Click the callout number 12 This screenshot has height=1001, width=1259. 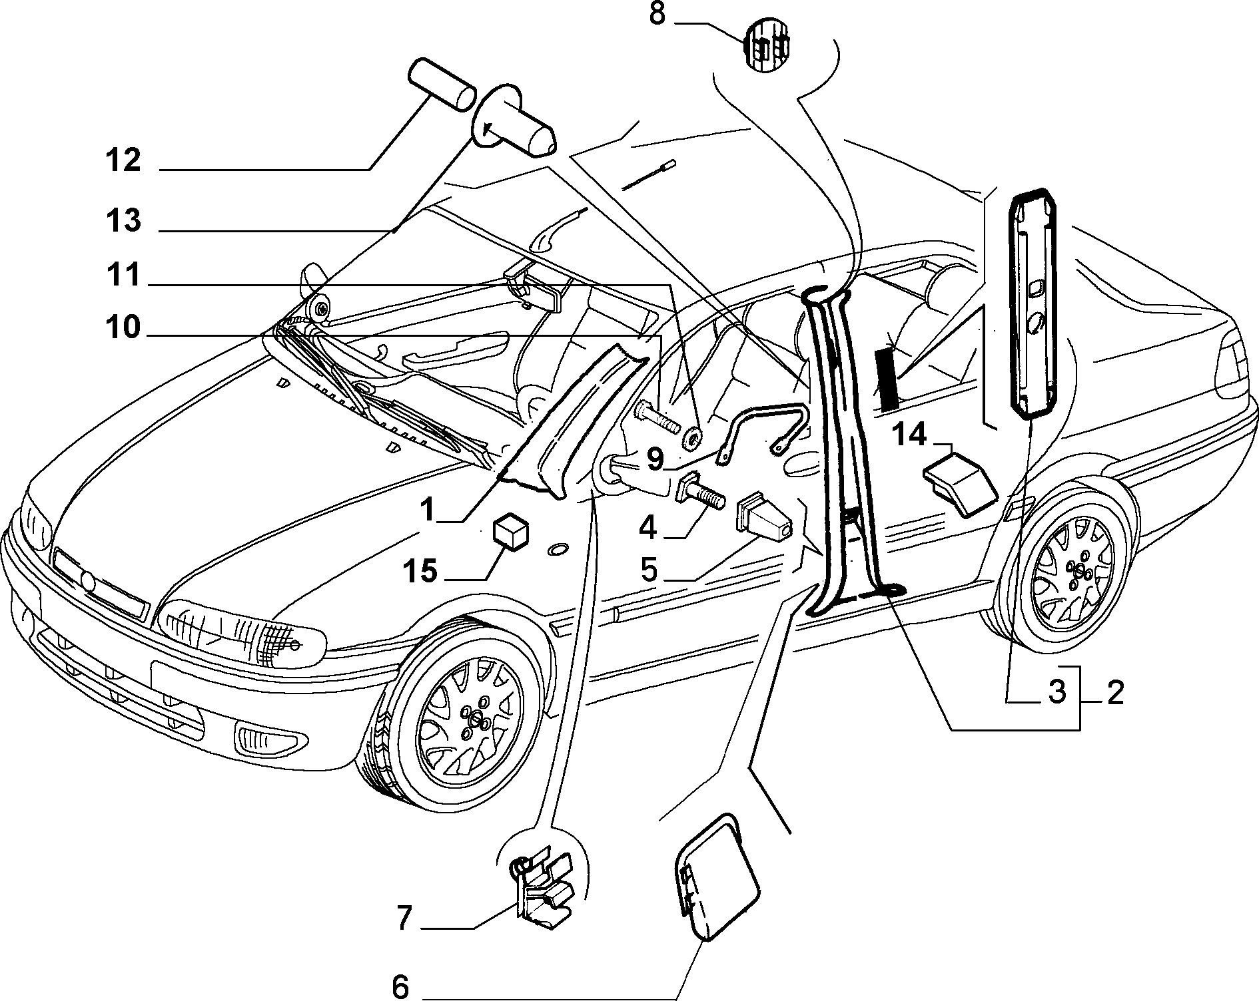coord(123,160)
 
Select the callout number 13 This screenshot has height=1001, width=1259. coord(123,220)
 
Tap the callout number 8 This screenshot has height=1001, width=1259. coord(657,14)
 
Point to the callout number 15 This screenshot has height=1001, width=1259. coord(420,571)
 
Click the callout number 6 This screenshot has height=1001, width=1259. coord(400,986)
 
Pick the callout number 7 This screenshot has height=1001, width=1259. coord(404,918)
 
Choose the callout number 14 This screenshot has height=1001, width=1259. coord(909,435)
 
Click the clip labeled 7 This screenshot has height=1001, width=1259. coord(543,886)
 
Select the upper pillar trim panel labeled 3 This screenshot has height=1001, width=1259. coord(1035,305)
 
